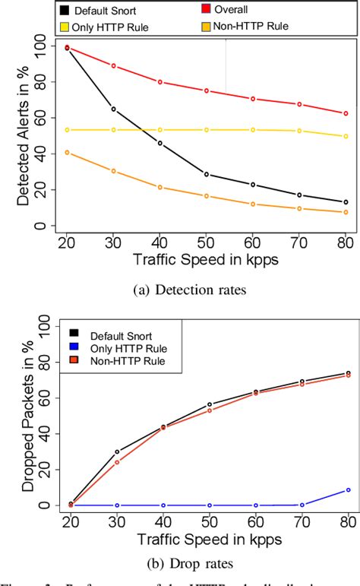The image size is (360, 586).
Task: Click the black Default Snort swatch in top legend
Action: [x=67, y=11]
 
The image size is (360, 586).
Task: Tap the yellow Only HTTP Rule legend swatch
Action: [x=67, y=27]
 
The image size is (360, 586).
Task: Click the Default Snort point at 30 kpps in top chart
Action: [x=114, y=109]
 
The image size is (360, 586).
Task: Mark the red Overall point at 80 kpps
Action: [x=346, y=113]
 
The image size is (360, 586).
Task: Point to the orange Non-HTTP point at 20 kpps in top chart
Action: [x=67, y=152]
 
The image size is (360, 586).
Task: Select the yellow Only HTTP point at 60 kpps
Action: [x=253, y=130]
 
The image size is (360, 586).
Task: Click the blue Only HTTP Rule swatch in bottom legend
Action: [x=74, y=347]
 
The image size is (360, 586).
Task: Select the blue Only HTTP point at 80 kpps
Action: [x=348, y=489]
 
